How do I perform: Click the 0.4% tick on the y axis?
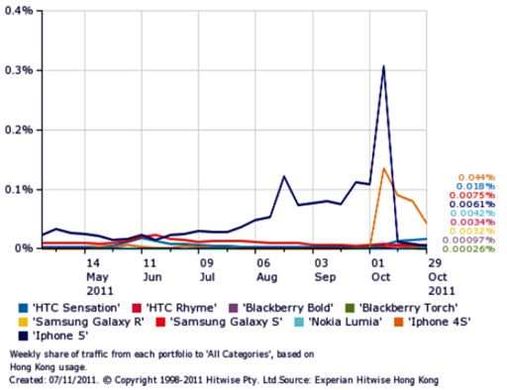tap(19, 11)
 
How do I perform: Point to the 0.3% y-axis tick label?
tap(19, 70)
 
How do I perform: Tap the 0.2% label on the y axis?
tap(19, 130)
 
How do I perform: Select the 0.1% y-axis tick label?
tap(19, 189)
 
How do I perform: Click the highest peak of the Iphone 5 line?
tap(383, 66)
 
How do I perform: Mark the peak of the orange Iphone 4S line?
tap(383, 168)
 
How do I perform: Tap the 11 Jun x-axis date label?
tap(149, 271)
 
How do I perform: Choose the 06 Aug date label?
tap(262, 271)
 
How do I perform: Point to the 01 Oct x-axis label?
tap(376, 271)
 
